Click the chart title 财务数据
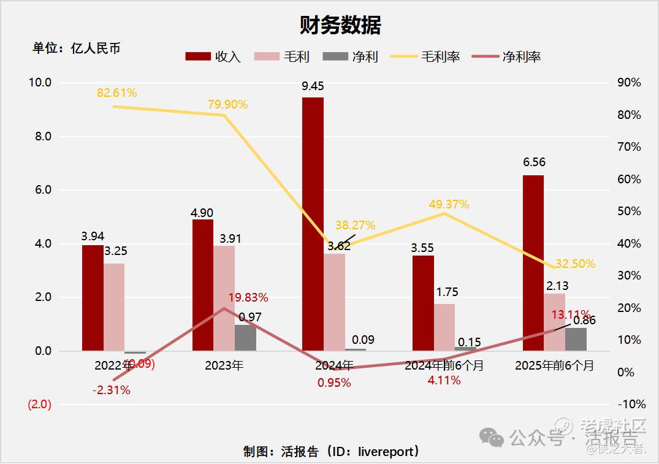point(340,25)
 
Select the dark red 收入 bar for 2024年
point(313,224)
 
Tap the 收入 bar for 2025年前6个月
point(533,263)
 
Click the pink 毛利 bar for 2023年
point(224,299)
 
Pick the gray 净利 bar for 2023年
point(245,338)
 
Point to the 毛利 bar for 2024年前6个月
point(444,327)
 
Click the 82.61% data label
point(116,93)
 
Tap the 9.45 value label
point(313,86)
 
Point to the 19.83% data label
point(248,298)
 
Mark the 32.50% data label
point(575,264)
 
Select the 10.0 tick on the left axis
point(40,83)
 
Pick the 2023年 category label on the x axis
point(224,366)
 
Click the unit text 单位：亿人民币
point(77,48)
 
